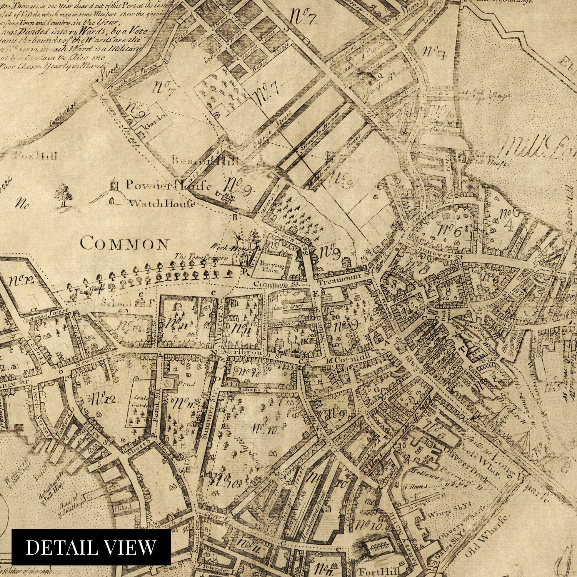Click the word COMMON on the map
click(x=125, y=243)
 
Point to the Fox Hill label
click(x=37, y=156)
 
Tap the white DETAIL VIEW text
click(x=91, y=547)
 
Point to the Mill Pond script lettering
click(x=539, y=148)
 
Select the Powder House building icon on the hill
click(x=114, y=184)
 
